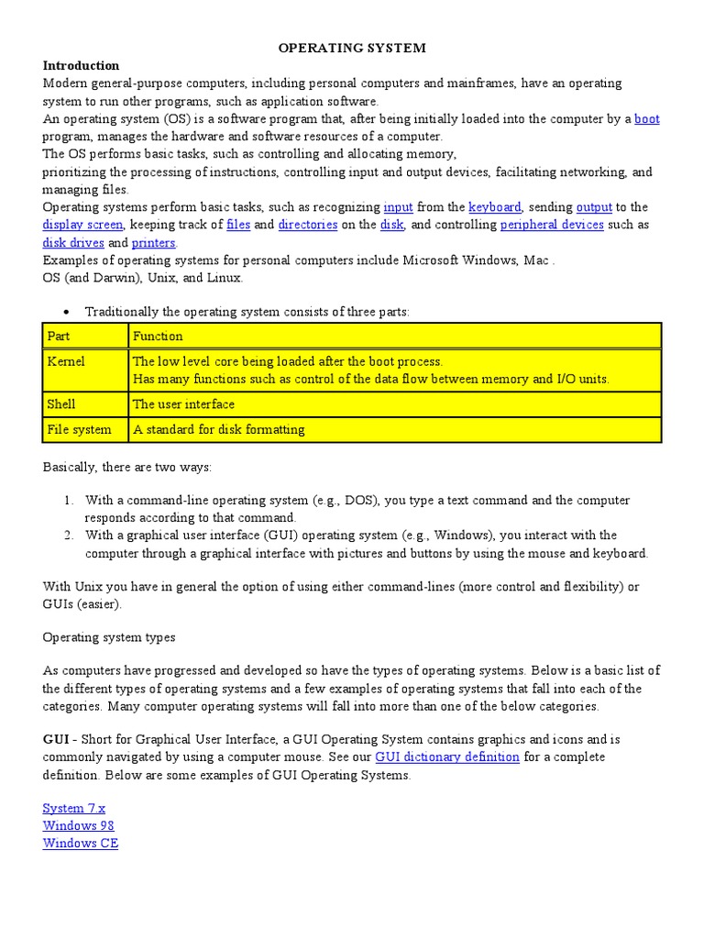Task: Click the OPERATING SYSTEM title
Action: click(352, 48)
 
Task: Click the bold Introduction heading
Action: click(81, 66)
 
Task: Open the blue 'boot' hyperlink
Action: click(646, 119)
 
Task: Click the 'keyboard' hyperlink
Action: click(495, 207)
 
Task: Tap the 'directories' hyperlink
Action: click(308, 225)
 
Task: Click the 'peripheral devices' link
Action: click(552, 225)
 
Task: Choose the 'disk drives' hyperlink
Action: click(73, 243)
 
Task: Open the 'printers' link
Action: click(154, 243)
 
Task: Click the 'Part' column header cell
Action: click(85, 337)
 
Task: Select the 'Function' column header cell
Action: click(394, 337)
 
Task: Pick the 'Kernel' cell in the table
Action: click(85, 370)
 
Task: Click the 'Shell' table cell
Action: click(85, 404)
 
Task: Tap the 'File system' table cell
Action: click(85, 429)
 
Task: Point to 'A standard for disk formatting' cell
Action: click(394, 429)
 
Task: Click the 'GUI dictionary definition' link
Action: click(447, 757)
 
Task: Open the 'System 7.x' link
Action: click(74, 808)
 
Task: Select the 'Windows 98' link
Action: click(78, 825)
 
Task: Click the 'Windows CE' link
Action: click(81, 844)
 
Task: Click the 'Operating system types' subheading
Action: click(109, 637)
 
